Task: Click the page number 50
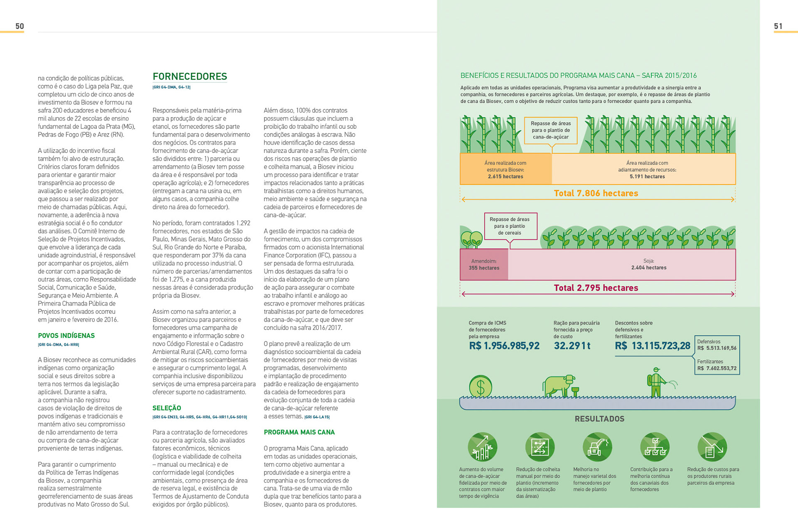coord(20,26)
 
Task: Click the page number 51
coord(778,26)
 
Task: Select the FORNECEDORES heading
coord(190,76)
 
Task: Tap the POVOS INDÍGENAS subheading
coord(66,335)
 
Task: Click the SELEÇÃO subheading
coord(167,408)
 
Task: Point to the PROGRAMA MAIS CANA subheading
coord(299,432)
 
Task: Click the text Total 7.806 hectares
coord(596,193)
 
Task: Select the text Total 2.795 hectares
coord(596,288)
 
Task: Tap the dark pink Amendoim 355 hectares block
coord(484,265)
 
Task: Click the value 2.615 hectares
coord(505,177)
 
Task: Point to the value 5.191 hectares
coord(647,177)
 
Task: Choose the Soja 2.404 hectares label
coord(648,264)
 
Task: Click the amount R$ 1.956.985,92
coord(504,346)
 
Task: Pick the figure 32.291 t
coord(572,346)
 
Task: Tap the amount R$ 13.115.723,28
coord(652,346)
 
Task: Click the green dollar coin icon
coord(480,387)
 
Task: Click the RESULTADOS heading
coord(599,419)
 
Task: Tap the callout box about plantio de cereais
coord(510,226)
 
